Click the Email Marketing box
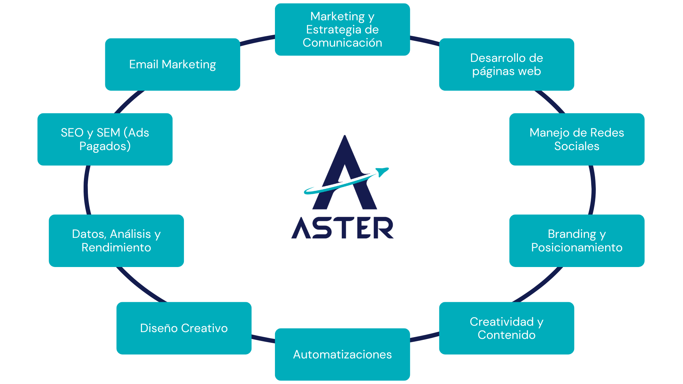[173, 64]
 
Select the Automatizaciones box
[342, 354]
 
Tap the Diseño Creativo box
[184, 328]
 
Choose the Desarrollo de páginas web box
[507, 64]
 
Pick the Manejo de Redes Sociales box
[577, 139]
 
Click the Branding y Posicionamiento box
[577, 241]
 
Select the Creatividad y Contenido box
[507, 328]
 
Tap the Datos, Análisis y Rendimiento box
[116, 241]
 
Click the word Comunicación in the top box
[342, 43]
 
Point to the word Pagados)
[105, 146]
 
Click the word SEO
[72, 133]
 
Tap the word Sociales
[577, 146]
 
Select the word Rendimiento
[116, 247]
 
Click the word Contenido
[507, 335]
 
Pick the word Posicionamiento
[577, 247]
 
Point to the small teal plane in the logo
[382, 171]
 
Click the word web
[529, 71]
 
